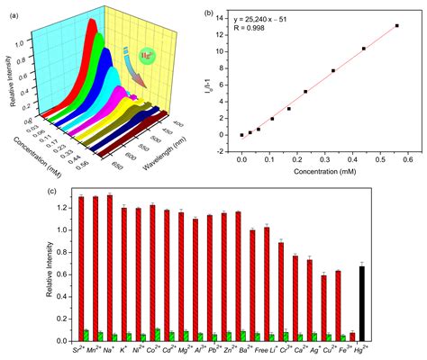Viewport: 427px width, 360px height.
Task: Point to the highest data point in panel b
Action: point(396,26)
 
